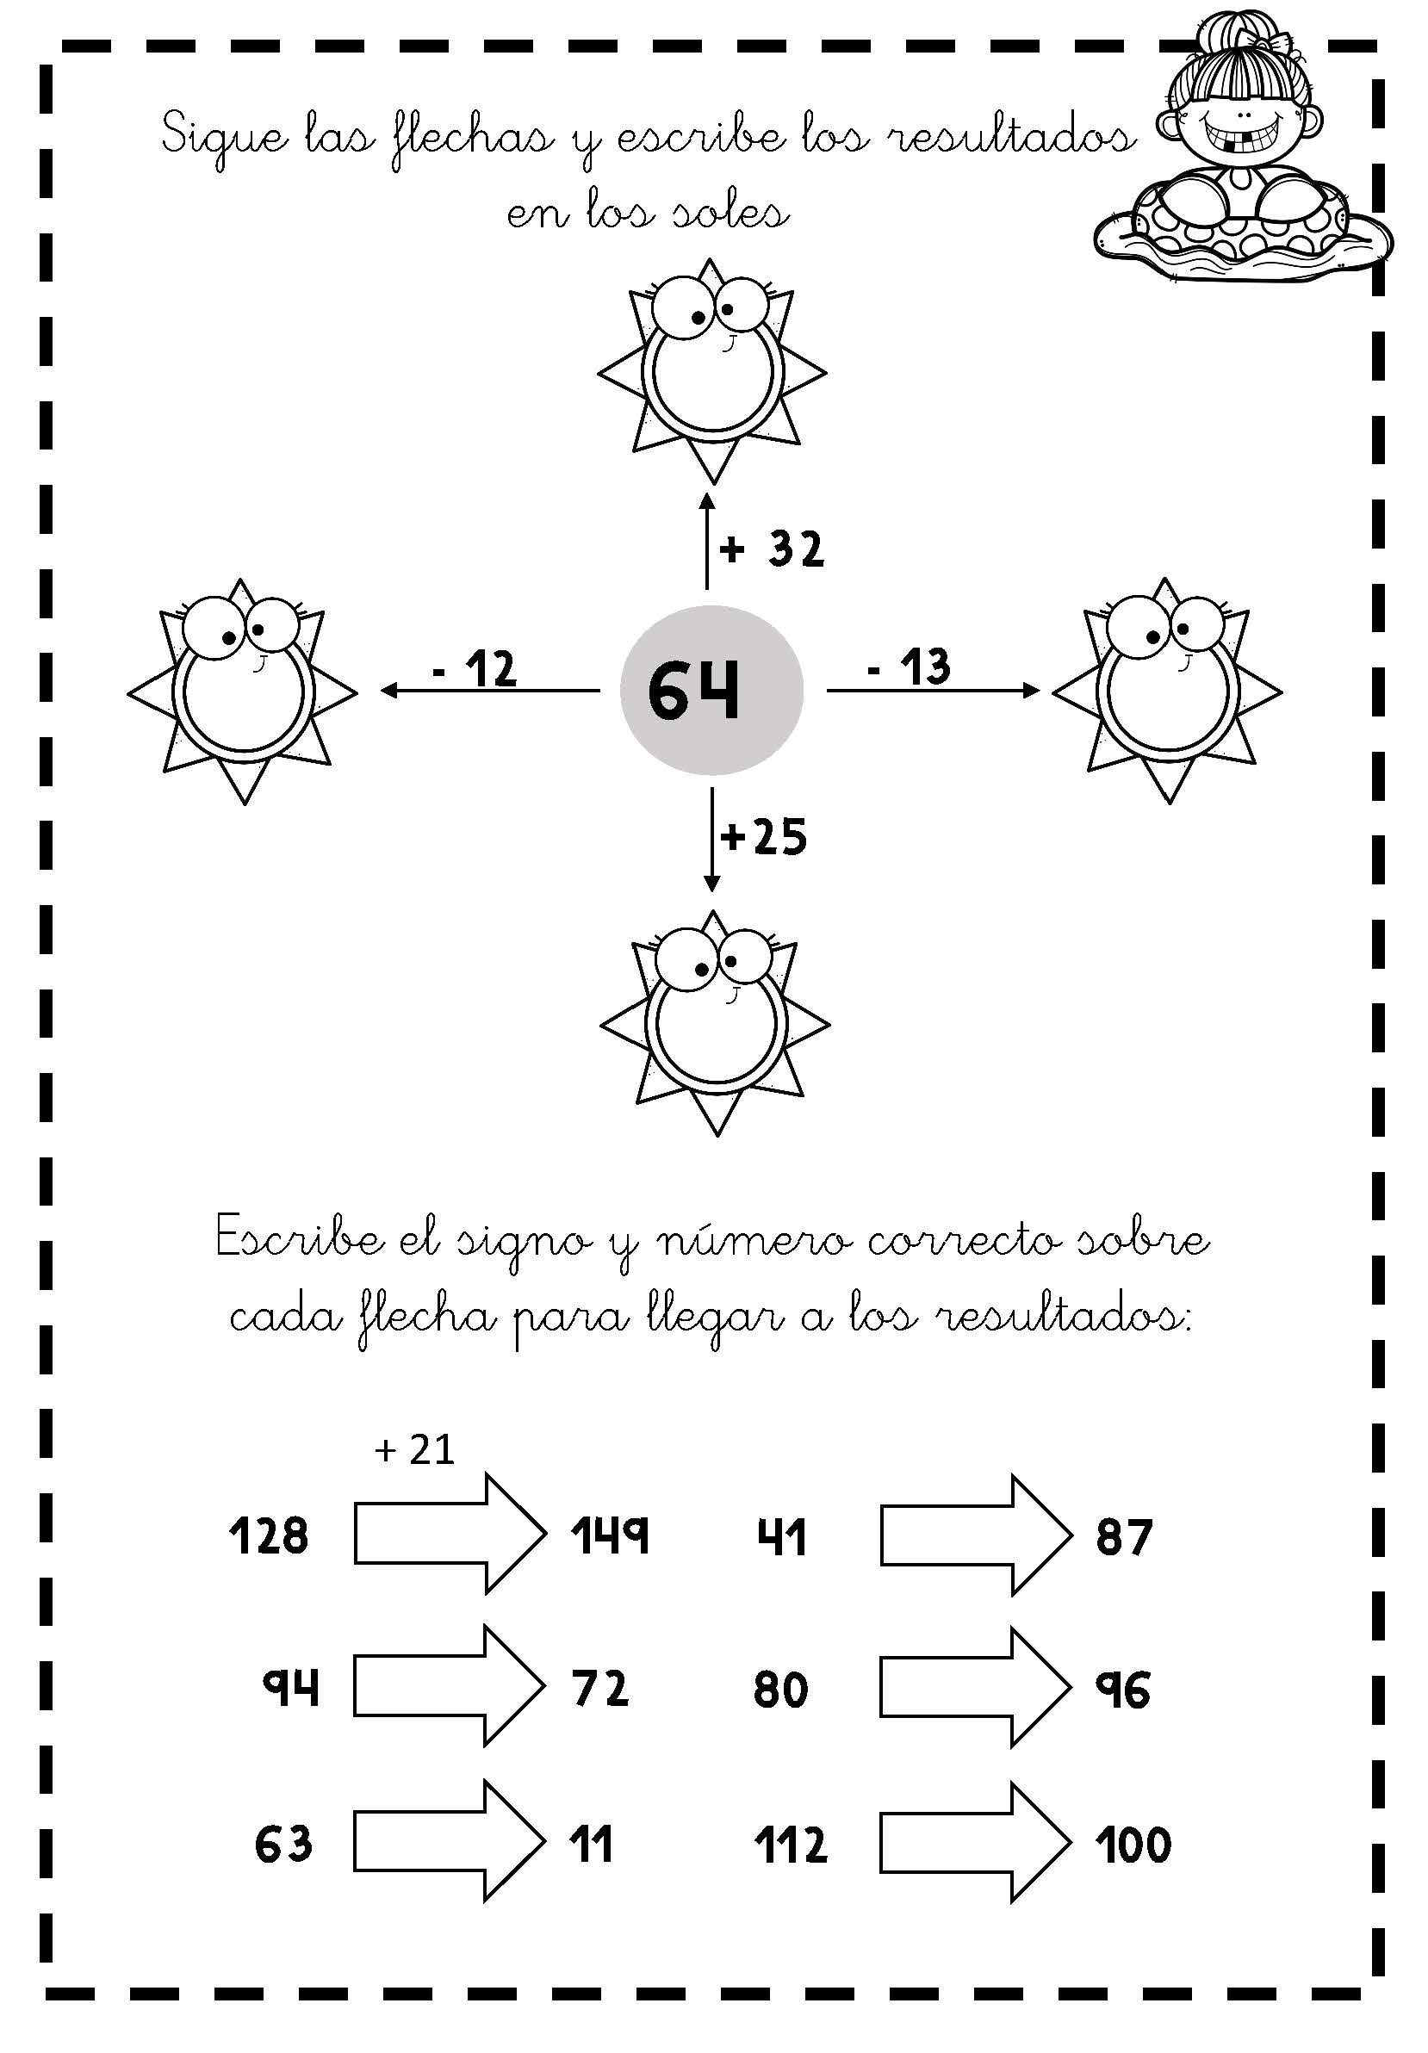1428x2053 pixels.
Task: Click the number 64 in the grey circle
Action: (694, 692)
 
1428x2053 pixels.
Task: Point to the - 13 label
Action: (909, 667)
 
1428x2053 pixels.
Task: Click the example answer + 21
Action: (415, 1449)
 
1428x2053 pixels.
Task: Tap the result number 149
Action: (610, 1535)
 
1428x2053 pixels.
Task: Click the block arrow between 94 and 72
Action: (449, 1685)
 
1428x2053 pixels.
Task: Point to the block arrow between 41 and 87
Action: (975, 1535)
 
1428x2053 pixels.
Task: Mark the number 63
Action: (283, 1844)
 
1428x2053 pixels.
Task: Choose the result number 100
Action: (1133, 1845)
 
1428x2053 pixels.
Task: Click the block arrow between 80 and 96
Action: (975, 1685)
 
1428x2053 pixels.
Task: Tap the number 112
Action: (792, 1845)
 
